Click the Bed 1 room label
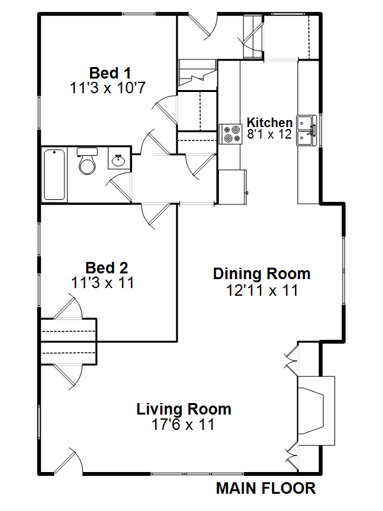pyautogui.click(x=110, y=73)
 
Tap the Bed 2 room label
pyautogui.click(x=107, y=268)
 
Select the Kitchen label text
pyautogui.click(x=269, y=123)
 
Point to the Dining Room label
pyautogui.click(x=262, y=274)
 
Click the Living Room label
pyautogui.click(x=184, y=409)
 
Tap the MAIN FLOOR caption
pyautogui.click(x=266, y=489)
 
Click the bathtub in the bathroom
pyautogui.click(x=54, y=174)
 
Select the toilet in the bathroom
pyautogui.click(x=87, y=161)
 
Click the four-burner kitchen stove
pyautogui.click(x=230, y=134)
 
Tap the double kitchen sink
pyautogui.click(x=306, y=130)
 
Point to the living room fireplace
pyautogui.click(x=316, y=411)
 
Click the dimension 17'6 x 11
pyautogui.click(x=183, y=424)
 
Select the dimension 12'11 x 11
pyautogui.click(x=262, y=290)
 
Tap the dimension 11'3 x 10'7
pyautogui.click(x=108, y=88)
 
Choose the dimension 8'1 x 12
pyautogui.click(x=269, y=134)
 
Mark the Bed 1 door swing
pyautogui.click(x=165, y=109)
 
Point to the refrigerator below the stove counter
pyautogui.click(x=232, y=187)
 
